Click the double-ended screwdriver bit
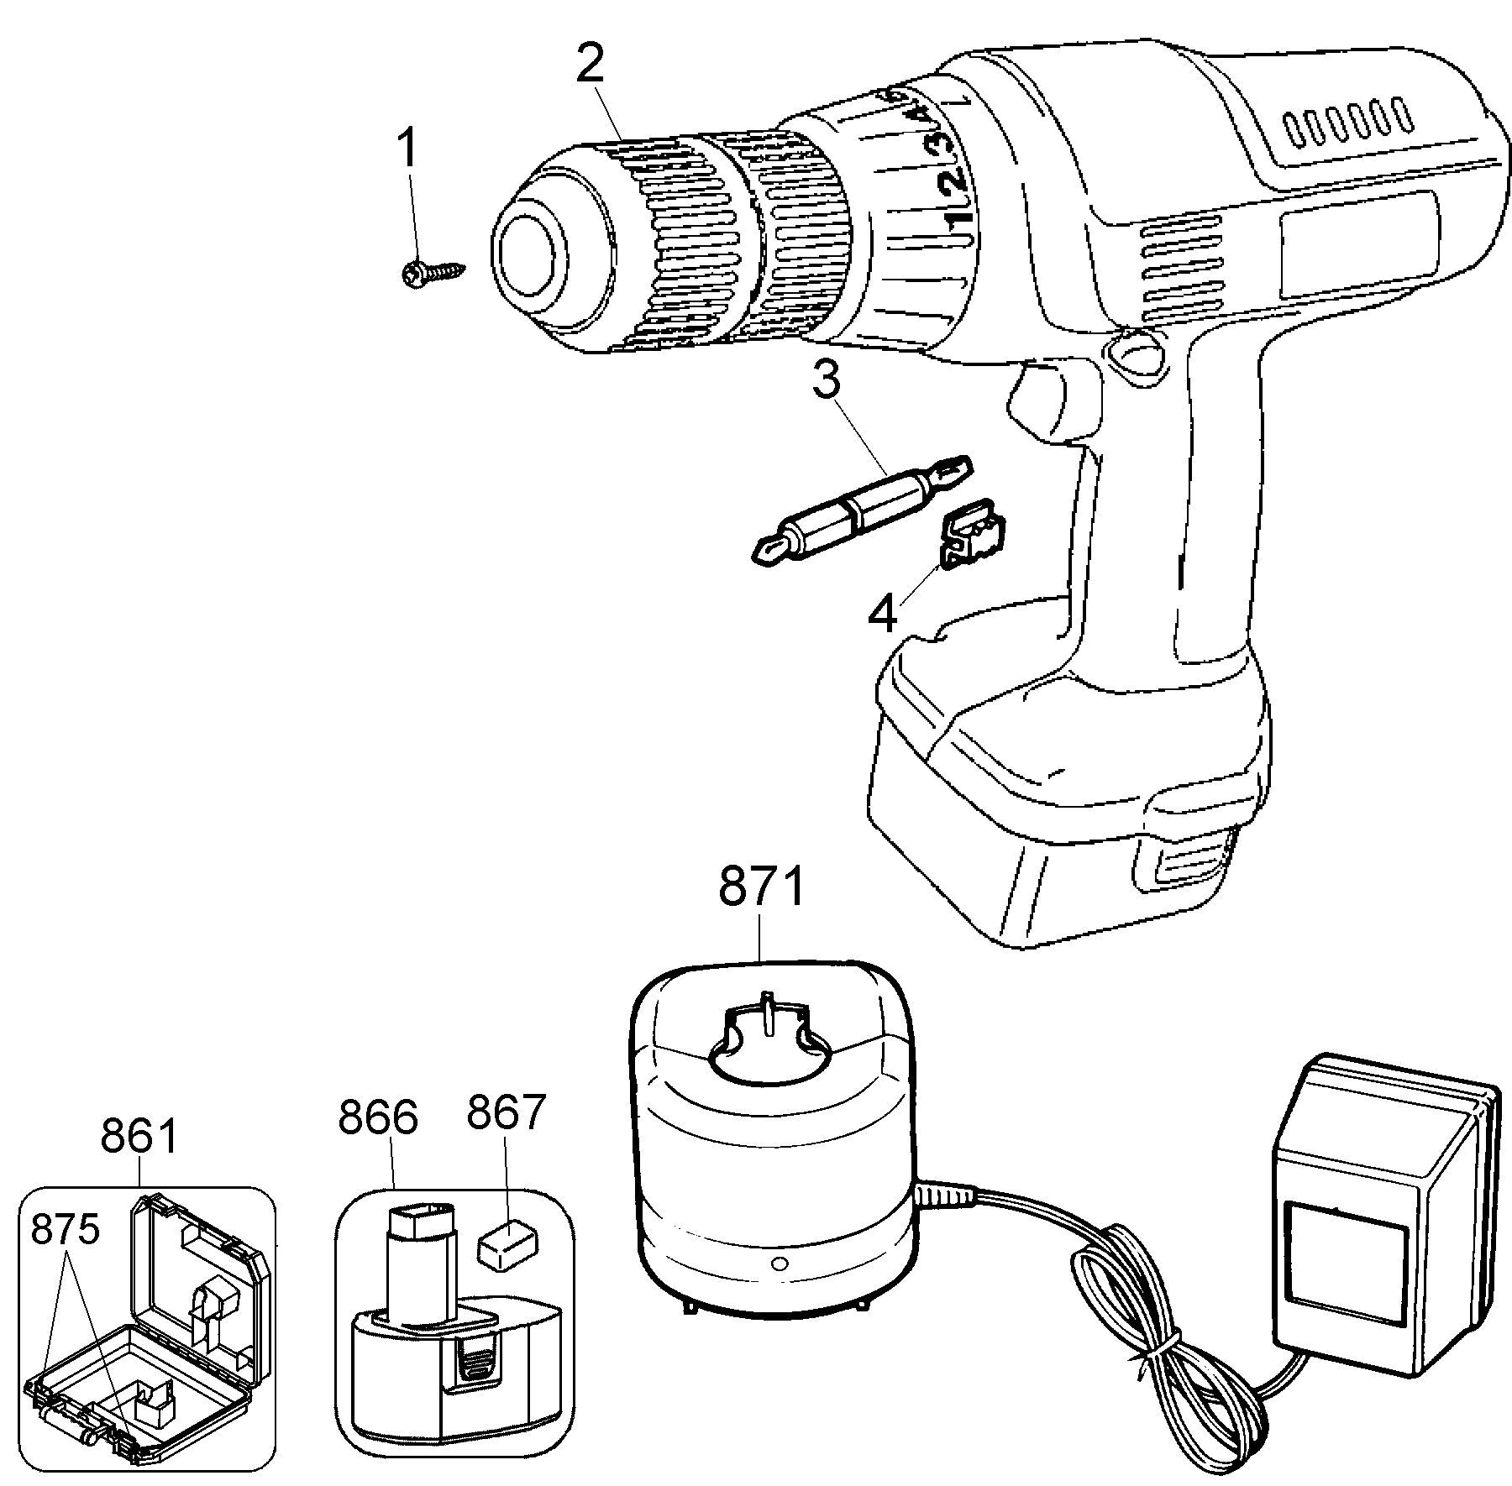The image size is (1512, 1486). pyautogui.click(x=860, y=509)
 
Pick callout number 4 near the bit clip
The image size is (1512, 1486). pyautogui.click(x=883, y=615)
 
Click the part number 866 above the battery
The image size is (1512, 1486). pyautogui.click(x=378, y=1117)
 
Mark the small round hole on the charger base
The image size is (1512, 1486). pyautogui.click(x=778, y=1264)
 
